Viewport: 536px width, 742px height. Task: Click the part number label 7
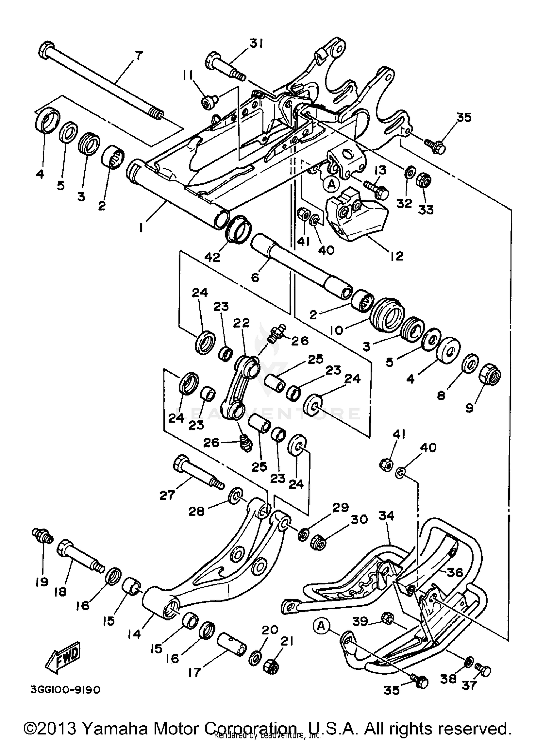tap(138, 56)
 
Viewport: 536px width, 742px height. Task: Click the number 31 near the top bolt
tap(256, 44)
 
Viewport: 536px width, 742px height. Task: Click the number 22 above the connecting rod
tap(242, 323)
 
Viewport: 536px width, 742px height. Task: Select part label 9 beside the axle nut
tap(470, 408)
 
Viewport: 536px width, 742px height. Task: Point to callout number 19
tap(42, 582)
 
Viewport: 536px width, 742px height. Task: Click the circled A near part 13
tap(331, 184)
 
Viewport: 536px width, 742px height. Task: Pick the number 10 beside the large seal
tap(336, 330)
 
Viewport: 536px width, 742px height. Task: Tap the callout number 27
tap(167, 495)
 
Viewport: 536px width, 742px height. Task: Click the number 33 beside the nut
tap(426, 209)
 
